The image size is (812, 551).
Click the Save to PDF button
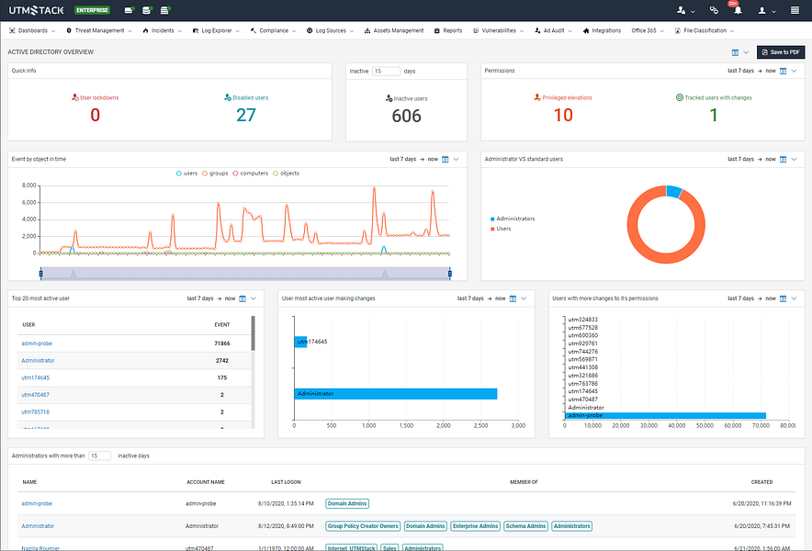coord(781,52)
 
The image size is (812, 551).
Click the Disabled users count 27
coord(246,115)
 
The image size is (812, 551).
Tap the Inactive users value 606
coord(406,116)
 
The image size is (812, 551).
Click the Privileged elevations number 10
coord(563,115)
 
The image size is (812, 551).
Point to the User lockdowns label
coord(98,96)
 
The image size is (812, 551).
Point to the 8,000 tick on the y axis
coord(28,186)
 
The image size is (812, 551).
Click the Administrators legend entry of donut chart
coord(516,219)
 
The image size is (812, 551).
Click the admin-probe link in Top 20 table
coord(37,343)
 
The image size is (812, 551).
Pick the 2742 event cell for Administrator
coord(221,361)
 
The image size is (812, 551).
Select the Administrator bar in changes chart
coord(395,393)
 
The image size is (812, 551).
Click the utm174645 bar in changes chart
coord(300,342)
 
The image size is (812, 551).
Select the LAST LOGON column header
coord(286,481)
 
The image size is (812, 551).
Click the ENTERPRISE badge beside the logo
coord(93,10)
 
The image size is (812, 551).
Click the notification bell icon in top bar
coord(737,10)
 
